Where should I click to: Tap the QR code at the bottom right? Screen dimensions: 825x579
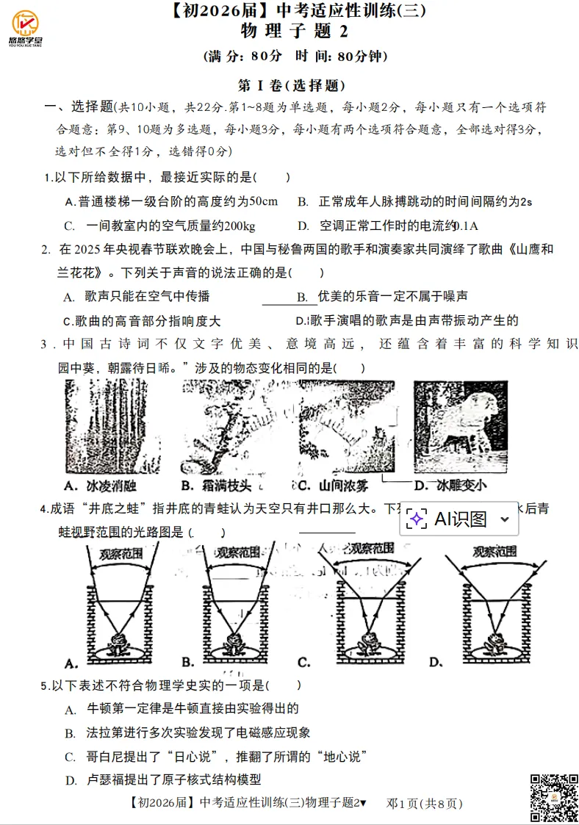pos(553,798)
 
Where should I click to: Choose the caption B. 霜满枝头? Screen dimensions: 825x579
pos(215,485)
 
